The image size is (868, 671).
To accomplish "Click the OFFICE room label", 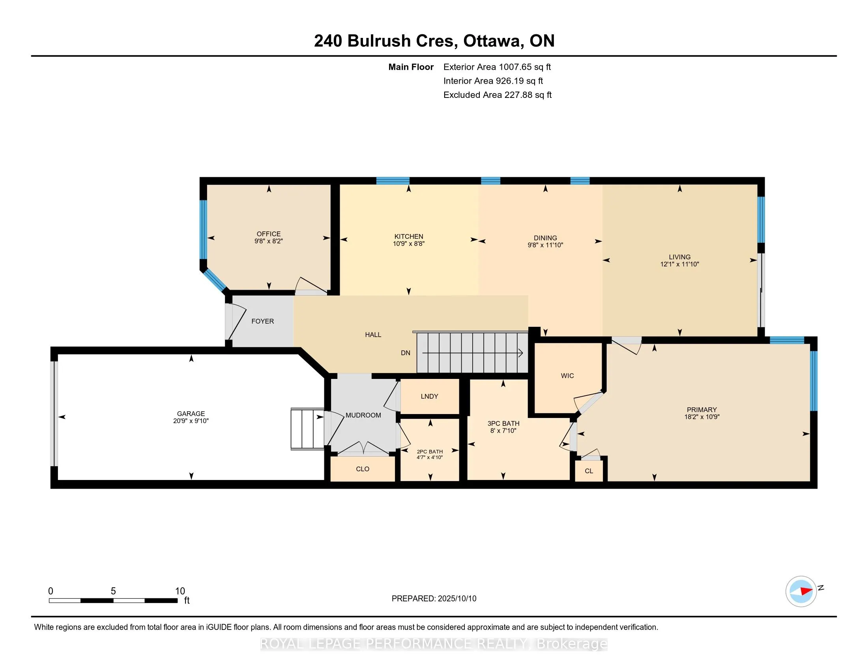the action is (x=269, y=234).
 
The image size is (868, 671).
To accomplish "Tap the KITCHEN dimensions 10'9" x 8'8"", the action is (x=409, y=244).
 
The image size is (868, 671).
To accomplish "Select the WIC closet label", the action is (x=567, y=376).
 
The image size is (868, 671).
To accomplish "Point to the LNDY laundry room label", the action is (x=429, y=396).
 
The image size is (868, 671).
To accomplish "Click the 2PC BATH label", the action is (x=430, y=452).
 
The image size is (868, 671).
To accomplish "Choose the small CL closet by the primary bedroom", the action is (x=589, y=471).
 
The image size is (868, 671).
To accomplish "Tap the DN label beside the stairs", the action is (x=405, y=353).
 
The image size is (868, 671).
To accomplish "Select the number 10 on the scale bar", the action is (x=180, y=591).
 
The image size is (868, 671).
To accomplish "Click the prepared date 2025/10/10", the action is (x=456, y=599).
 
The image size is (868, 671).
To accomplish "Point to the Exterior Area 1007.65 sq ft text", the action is (x=497, y=67).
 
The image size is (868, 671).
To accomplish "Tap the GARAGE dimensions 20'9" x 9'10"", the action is (x=191, y=421).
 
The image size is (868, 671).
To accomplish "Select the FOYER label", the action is (x=263, y=321).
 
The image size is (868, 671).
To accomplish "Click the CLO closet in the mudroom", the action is (x=363, y=469).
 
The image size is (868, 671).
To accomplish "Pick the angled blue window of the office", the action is (x=215, y=280).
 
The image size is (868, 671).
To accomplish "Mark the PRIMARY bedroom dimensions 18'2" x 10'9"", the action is (x=702, y=417).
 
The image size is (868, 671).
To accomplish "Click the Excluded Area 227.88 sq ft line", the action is (x=498, y=95).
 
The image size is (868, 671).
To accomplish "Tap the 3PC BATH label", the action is (x=503, y=424).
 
